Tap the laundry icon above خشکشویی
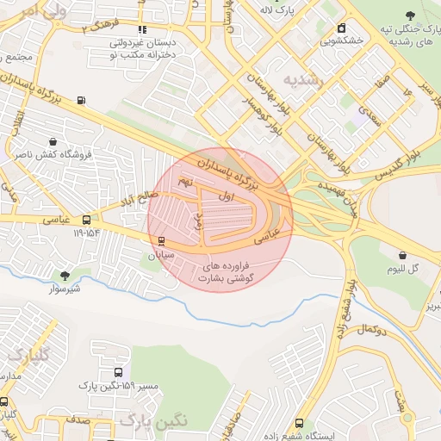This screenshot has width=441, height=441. coord(343,27)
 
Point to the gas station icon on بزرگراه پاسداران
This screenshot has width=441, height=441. coord(81,100)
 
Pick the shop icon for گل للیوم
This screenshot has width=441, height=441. coord(403,254)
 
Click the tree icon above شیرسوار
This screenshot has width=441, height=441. coord(65,275)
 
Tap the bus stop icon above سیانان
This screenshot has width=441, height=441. coord(160,241)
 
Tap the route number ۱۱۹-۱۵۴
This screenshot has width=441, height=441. coord(86,233)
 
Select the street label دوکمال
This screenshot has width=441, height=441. coord(372,329)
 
